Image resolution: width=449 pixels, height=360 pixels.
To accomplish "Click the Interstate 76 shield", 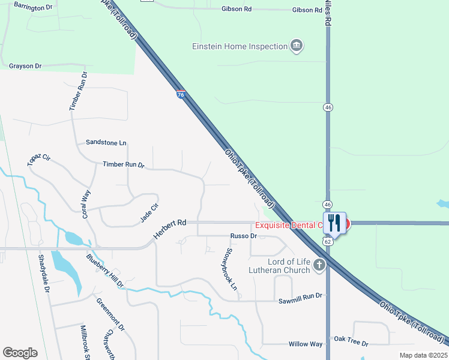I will pyautogui.click(x=181, y=94).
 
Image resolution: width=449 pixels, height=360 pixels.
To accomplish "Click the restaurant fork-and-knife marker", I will pyautogui.click(x=334, y=223).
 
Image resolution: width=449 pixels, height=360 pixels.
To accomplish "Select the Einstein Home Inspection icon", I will pyautogui.click(x=296, y=46).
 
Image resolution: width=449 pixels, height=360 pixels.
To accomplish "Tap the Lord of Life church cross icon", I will pyautogui.click(x=319, y=264).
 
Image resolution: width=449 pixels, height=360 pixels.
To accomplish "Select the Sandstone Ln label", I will pyautogui.click(x=106, y=143).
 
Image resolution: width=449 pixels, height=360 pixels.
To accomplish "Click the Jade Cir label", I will pyautogui.click(x=149, y=213).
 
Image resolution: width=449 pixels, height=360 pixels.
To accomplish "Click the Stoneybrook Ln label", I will pyautogui.click(x=230, y=269).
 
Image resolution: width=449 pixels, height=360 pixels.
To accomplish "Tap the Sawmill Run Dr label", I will pyautogui.click(x=301, y=296).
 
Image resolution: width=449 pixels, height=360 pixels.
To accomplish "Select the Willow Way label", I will pyautogui.click(x=306, y=344).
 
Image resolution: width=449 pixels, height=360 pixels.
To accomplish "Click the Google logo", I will pyautogui.click(x=20, y=353).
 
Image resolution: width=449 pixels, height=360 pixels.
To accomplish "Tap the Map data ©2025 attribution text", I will pyautogui.click(x=423, y=355).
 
